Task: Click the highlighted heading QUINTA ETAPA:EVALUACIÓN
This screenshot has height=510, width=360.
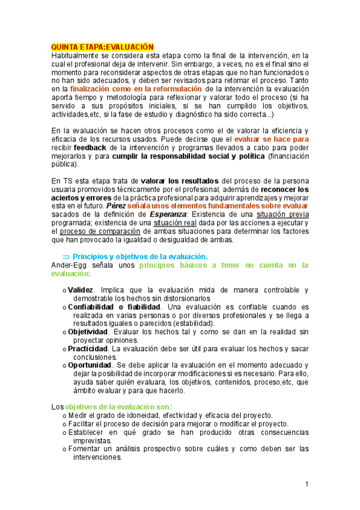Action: [x=103, y=46]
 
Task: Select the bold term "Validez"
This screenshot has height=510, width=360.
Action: [x=81, y=290]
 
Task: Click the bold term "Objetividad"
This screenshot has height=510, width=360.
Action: [x=88, y=332]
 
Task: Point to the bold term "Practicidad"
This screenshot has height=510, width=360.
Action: [x=88, y=349]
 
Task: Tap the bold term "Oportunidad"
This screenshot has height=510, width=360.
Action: [x=90, y=366]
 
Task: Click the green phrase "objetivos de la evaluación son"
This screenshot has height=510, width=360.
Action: [x=117, y=407]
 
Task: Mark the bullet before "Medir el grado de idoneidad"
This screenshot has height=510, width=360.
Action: [x=64, y=416]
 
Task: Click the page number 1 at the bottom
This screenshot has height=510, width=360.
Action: [x=307, y=484]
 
